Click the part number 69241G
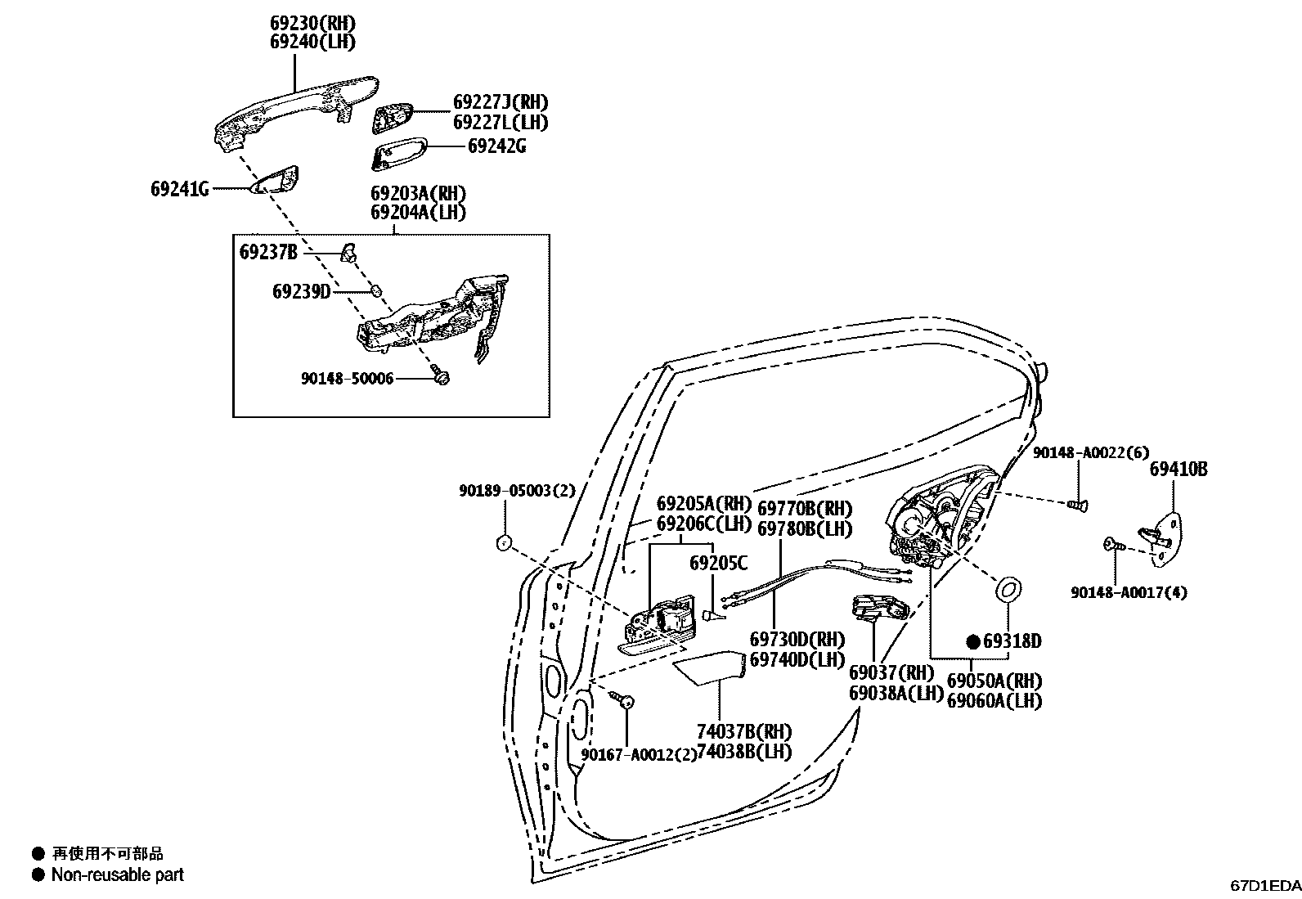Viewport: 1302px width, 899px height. (179, 190)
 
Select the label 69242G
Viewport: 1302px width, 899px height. (496, 146)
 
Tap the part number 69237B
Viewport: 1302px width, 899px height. (268, 252)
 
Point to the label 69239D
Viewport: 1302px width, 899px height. (301, 291)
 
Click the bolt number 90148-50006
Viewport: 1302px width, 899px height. (347, 378)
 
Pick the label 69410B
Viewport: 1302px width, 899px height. (1178, 470)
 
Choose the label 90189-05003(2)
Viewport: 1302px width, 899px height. (517, 491)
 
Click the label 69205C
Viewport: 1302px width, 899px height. (718, 563)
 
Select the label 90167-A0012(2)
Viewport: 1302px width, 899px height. (639, 754)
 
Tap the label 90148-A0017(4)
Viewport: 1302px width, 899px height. (1129, 592)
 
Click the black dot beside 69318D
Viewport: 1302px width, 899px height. (973, 641)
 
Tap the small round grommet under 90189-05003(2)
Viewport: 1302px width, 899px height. (504, 541)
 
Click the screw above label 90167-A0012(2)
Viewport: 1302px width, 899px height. (626, 699)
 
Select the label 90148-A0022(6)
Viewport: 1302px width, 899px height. (1090, 452)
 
